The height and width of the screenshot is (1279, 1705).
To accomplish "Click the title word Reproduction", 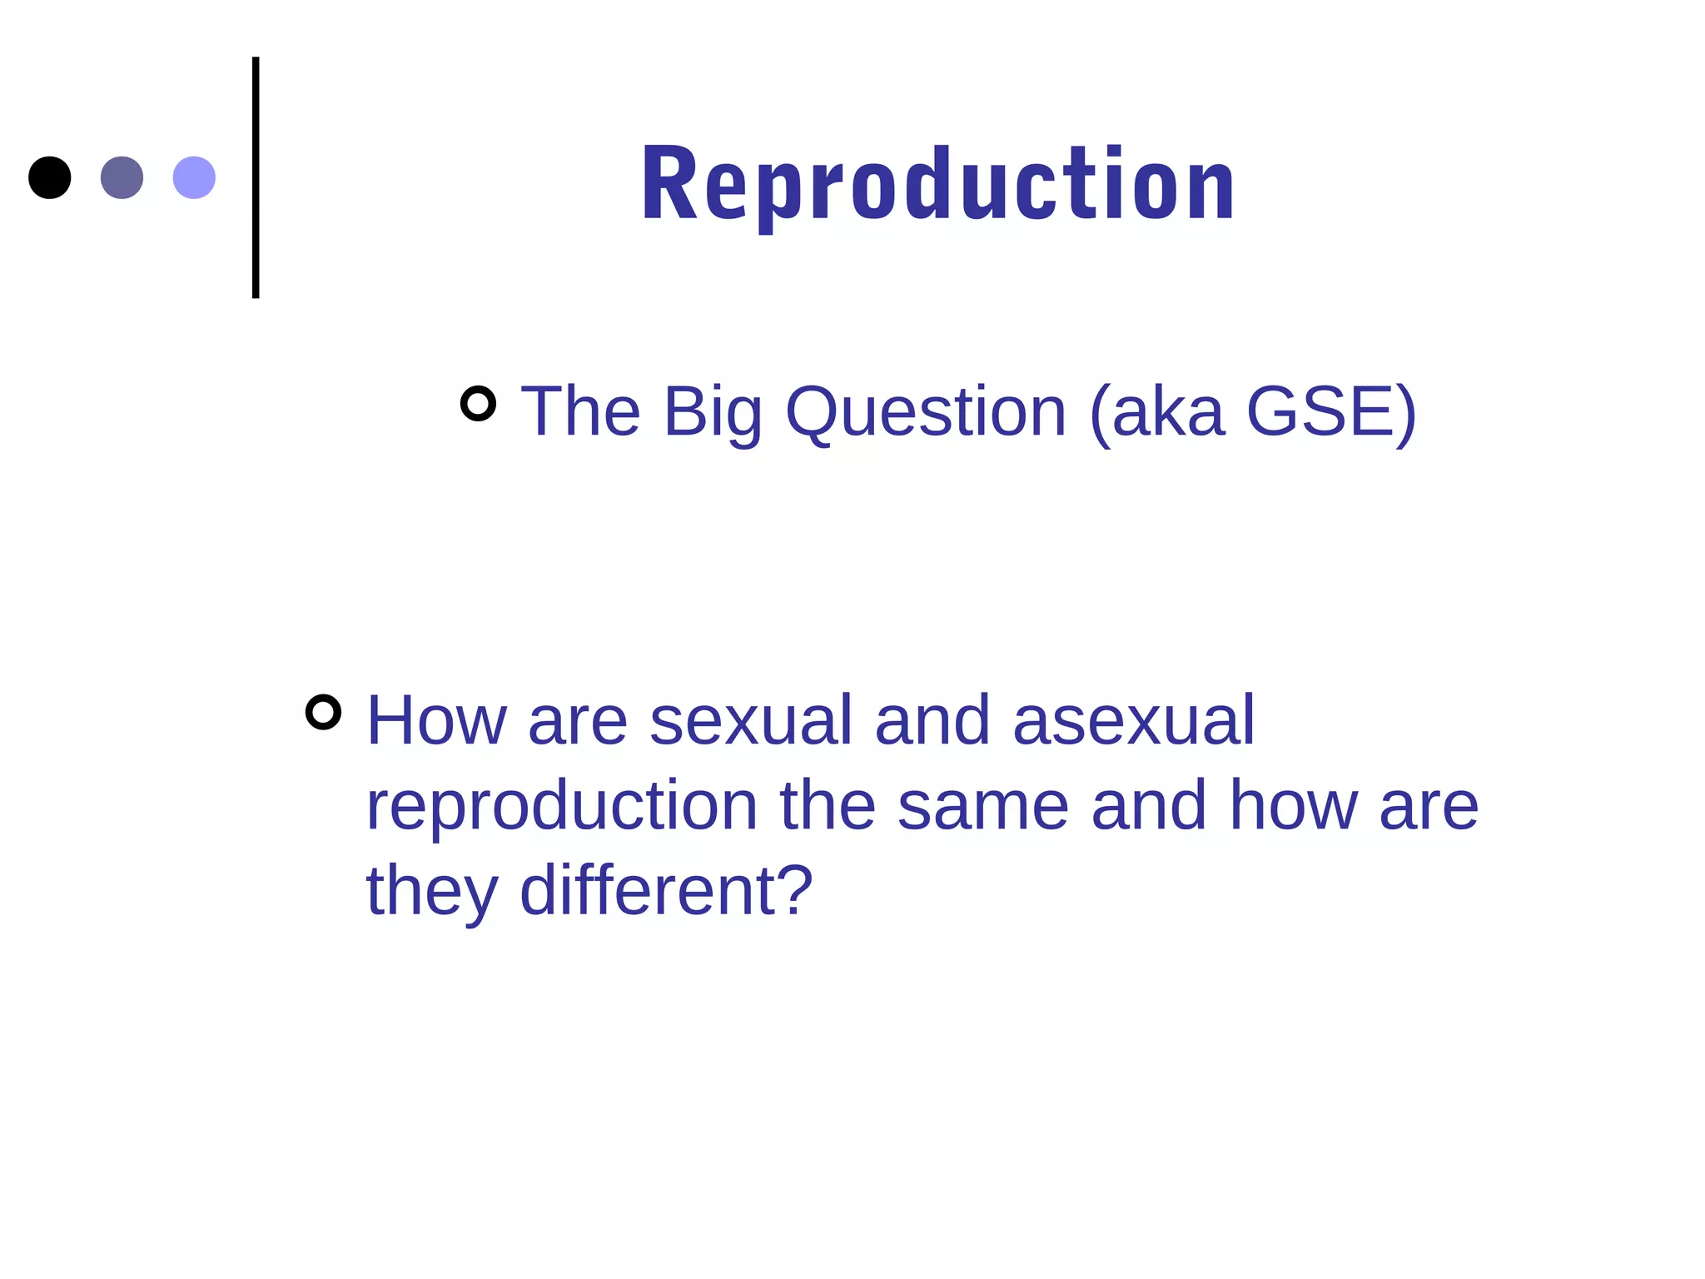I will (938, 185).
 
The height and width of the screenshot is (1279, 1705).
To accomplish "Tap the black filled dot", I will (50, 177).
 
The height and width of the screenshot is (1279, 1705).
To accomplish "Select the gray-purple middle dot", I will (122, 177).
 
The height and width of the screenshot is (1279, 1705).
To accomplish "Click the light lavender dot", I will (194, 177).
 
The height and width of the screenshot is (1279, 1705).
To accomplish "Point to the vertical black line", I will (256, 177).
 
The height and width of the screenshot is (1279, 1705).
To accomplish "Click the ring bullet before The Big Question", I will (478, 404).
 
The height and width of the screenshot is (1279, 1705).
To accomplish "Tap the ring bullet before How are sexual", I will (323, 712).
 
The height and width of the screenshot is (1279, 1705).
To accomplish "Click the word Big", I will (713, 412).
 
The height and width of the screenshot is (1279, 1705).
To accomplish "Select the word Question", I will (926, 412).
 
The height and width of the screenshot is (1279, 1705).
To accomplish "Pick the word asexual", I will (1133, 720).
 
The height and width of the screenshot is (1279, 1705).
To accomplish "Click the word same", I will (982, 806).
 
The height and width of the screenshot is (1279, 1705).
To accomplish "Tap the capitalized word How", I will (436, 720).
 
